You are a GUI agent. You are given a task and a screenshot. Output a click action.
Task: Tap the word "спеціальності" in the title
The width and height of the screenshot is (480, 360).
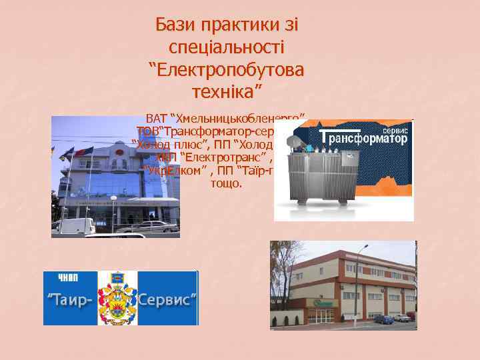click(227, 47)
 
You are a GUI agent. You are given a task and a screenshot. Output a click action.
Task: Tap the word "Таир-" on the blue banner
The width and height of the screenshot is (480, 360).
click(70, 299)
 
